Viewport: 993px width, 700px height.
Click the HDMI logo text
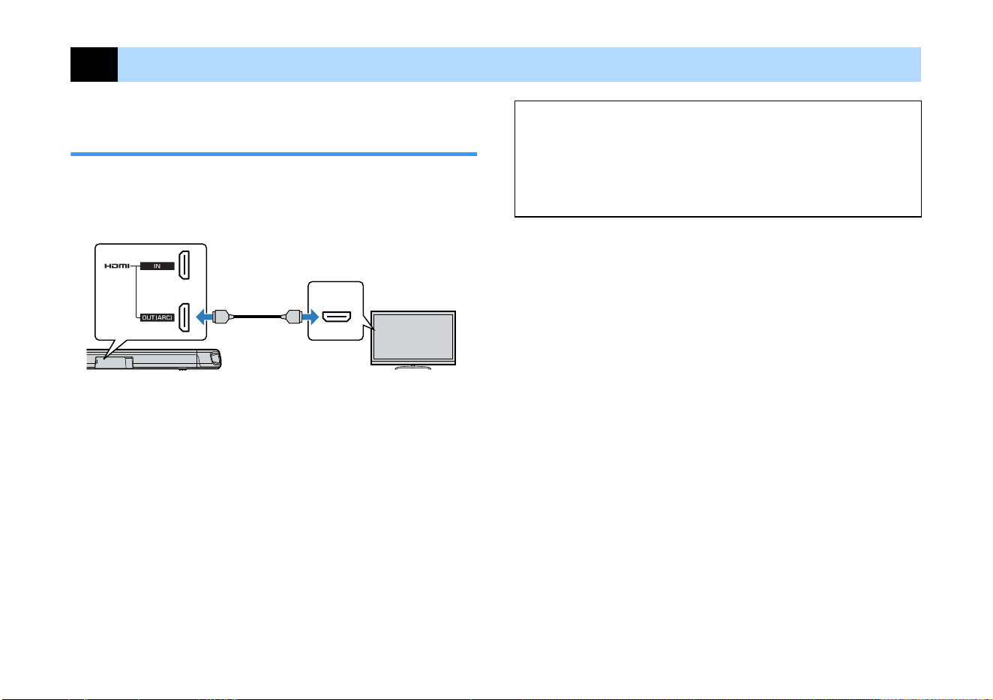click(x=117, y=266)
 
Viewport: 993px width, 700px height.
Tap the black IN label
click(x=157, y=266)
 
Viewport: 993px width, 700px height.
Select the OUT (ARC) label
click(x=157, y=317)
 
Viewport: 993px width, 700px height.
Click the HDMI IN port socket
click(x=184, y=266)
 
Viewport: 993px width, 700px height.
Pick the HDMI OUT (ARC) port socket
click(x=184, y=317)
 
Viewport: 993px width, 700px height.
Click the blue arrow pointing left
click(x=204, y=317)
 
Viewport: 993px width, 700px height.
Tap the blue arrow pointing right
click(x=310, y=317)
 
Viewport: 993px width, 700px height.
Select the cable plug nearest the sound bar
click(x=222, y=317)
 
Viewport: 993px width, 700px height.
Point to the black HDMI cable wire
click(x=257, y=317)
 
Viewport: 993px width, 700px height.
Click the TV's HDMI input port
click(x=337, y=317)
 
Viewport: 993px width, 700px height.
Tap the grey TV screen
click(x=413, y=337)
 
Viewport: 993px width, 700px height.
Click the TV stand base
click(x=412, y=368)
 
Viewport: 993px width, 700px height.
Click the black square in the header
click(x=94, y=65)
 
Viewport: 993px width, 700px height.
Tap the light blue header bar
click(x=519, y=65)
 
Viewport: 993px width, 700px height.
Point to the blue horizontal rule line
click(x=274, y=155)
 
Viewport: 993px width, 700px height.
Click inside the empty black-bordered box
click(x=718, y=159)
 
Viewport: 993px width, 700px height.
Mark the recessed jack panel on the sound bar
click(x=114, y=362)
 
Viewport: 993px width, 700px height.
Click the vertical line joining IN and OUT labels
click(x=136, y=292)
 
